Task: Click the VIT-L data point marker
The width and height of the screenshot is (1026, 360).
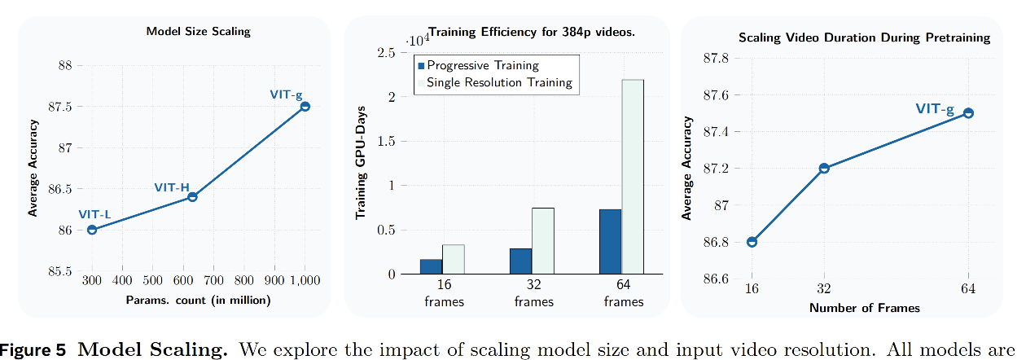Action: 92,230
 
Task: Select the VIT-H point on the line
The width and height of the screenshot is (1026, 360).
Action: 193,196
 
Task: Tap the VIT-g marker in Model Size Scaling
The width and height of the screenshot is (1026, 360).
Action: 305,106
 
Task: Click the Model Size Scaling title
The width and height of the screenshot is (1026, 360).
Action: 199,31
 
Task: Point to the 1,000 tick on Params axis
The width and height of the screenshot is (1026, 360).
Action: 305,280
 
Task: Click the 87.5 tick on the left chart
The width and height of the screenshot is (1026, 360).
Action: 60,107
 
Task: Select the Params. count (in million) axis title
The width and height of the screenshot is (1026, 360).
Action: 199,300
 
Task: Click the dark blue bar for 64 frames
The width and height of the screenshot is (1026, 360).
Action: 611,242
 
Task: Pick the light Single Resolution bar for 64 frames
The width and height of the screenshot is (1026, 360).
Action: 633,177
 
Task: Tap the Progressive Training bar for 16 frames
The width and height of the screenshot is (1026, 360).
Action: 431,266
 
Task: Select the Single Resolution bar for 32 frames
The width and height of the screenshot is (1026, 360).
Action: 543,241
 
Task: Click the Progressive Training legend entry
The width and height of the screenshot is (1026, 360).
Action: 479,65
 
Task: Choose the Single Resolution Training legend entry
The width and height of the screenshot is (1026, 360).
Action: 495,82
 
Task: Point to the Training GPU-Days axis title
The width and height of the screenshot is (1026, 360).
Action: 361,163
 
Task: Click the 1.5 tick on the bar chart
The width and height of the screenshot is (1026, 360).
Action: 386,141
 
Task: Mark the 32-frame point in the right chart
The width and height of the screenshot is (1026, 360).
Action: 824,168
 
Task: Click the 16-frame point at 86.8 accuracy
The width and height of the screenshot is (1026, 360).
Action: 752,242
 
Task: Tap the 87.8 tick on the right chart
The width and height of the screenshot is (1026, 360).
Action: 716,58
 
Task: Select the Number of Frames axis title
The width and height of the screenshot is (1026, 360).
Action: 865,308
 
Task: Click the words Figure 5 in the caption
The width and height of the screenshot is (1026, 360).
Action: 33,350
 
